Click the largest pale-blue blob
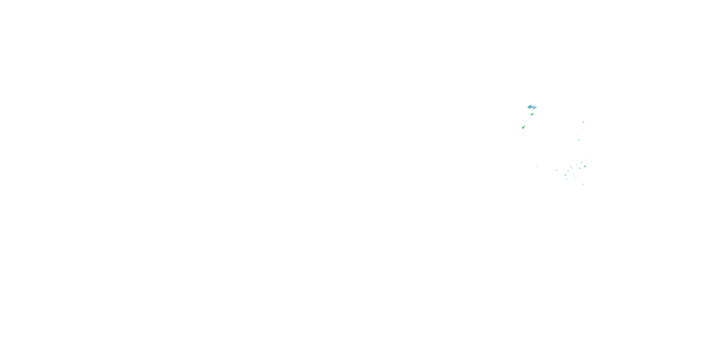tap(530, 107)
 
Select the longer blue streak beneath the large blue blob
tap(534, 108)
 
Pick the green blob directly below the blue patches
tap(532, 114)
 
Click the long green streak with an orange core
tap(523, 127)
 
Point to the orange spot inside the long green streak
tap(523, 127)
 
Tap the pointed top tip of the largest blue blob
tap(531, 105)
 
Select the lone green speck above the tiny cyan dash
tap(583, 122)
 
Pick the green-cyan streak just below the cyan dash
tap(579, 140)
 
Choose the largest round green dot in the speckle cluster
tap(585, 166)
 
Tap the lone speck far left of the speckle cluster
tap(537, 166)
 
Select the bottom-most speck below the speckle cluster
tap(583, 184)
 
